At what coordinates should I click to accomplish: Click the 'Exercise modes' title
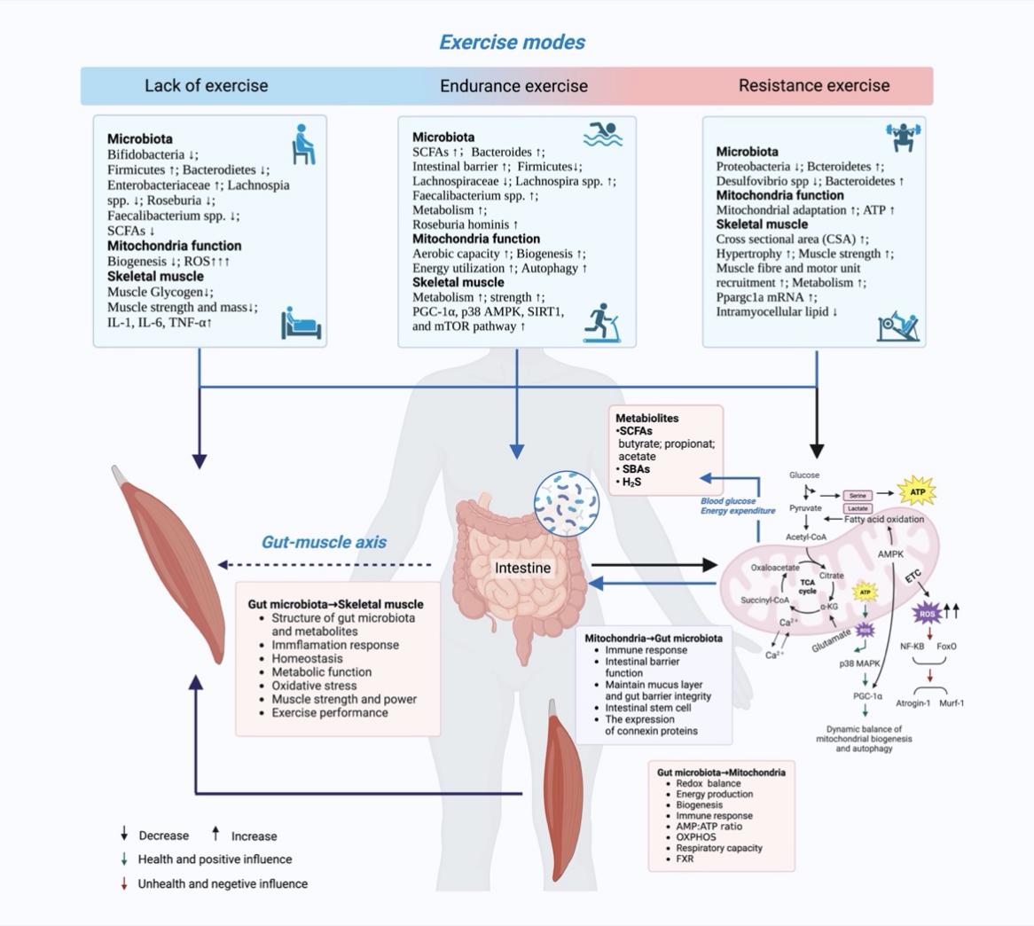coord(513,42)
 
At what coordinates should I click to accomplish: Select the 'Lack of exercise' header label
coord(206,86)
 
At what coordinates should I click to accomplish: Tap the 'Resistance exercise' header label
coord(814,86)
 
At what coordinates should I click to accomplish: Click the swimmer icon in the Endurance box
coord(603,135)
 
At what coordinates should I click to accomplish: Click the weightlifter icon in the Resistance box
coord(904,139)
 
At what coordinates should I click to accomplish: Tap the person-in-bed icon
coord(302,323)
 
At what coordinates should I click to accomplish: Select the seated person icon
coord(303,144)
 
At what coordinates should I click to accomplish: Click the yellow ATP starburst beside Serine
coord(917,490)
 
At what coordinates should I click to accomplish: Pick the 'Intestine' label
coord(522,568)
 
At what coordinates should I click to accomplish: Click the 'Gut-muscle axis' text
coord(324,542)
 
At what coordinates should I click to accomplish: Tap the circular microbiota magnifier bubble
coord(568,504)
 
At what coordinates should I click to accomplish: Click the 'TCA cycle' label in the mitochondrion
coord(807,587)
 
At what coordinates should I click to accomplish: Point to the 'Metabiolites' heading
coord(647,418)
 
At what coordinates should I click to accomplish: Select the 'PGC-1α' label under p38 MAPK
coord(867,696)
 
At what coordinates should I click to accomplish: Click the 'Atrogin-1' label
coord(913,703)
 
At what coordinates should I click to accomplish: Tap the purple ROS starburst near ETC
coord(927,613)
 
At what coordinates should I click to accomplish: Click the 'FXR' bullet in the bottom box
coord(685,859)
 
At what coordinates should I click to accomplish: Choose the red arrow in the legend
coord(125,883)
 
